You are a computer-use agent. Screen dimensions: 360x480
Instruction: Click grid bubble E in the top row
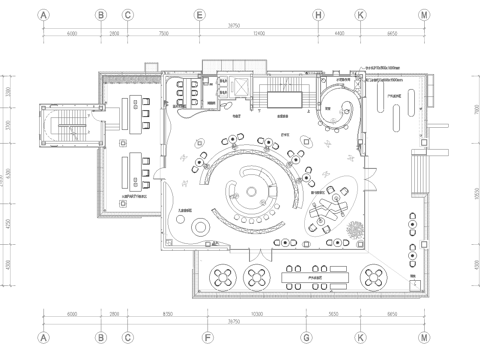pos(200,15)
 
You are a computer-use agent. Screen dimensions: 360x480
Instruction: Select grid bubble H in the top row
pos(318,15)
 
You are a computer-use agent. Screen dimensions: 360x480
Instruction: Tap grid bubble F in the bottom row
pos(207,339)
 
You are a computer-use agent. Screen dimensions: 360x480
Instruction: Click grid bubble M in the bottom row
pos(424,339)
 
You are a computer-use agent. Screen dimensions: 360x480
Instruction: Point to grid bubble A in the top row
pos(43,15)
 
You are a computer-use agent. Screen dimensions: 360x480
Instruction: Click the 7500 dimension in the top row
pos(163,33)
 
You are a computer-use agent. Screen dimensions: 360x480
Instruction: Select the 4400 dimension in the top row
pos(339,33)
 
